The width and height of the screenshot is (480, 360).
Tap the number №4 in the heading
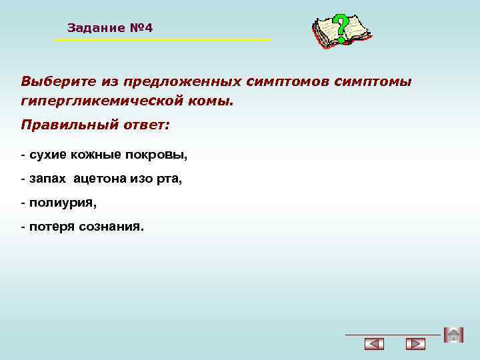pos(141,28)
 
